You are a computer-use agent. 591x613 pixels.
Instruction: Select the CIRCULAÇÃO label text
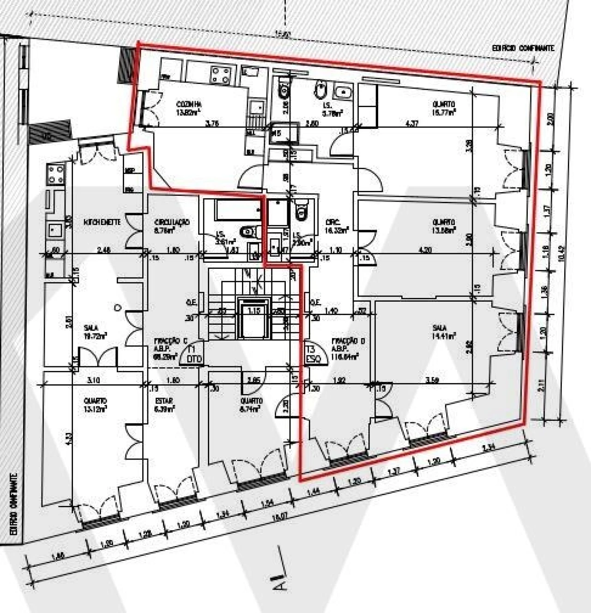click(172, 222)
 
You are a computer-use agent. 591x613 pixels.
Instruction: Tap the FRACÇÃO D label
click(348, 341)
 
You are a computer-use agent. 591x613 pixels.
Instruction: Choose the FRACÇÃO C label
click(170, 341)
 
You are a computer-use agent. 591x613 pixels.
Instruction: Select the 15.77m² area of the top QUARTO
click(444, 111)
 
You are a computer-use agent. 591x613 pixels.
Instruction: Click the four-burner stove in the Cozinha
click(221, 75)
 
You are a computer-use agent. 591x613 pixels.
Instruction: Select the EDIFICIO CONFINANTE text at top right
click(523, 48)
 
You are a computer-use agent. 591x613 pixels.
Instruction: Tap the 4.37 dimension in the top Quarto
click(411, 123)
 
